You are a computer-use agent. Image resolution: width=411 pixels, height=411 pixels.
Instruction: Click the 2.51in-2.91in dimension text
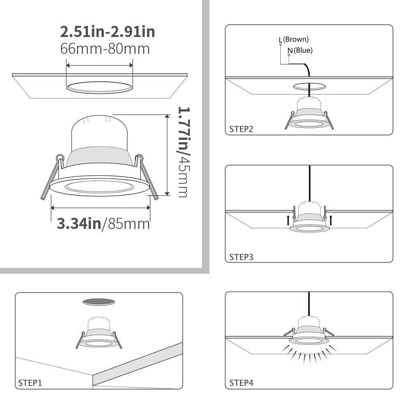[108, 32]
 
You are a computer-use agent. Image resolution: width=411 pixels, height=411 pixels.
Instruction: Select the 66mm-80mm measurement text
[105, 49]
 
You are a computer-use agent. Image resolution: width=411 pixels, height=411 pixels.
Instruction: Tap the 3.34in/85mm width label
[103, 224]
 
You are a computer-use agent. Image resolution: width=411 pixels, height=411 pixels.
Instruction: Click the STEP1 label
[30, 383]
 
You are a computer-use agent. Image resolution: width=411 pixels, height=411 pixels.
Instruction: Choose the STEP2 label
[241, 129]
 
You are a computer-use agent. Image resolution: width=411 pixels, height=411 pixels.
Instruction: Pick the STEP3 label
[241, 257]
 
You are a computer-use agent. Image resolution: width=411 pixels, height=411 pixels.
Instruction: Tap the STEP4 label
[241, 383]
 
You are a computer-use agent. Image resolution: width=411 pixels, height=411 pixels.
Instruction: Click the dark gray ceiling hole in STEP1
[99, 302]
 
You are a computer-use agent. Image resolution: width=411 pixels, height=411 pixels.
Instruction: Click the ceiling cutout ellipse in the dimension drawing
[100, 87]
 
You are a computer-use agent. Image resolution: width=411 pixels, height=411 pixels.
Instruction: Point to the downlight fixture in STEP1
[99, 333]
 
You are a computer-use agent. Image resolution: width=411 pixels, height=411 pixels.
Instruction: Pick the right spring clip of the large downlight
[147, 177]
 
